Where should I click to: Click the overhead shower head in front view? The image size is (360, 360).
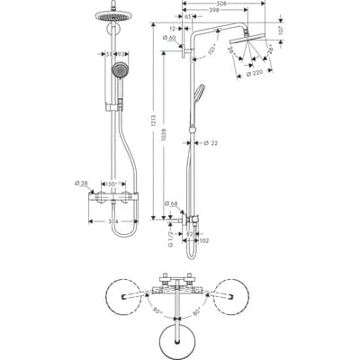(119, 15)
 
